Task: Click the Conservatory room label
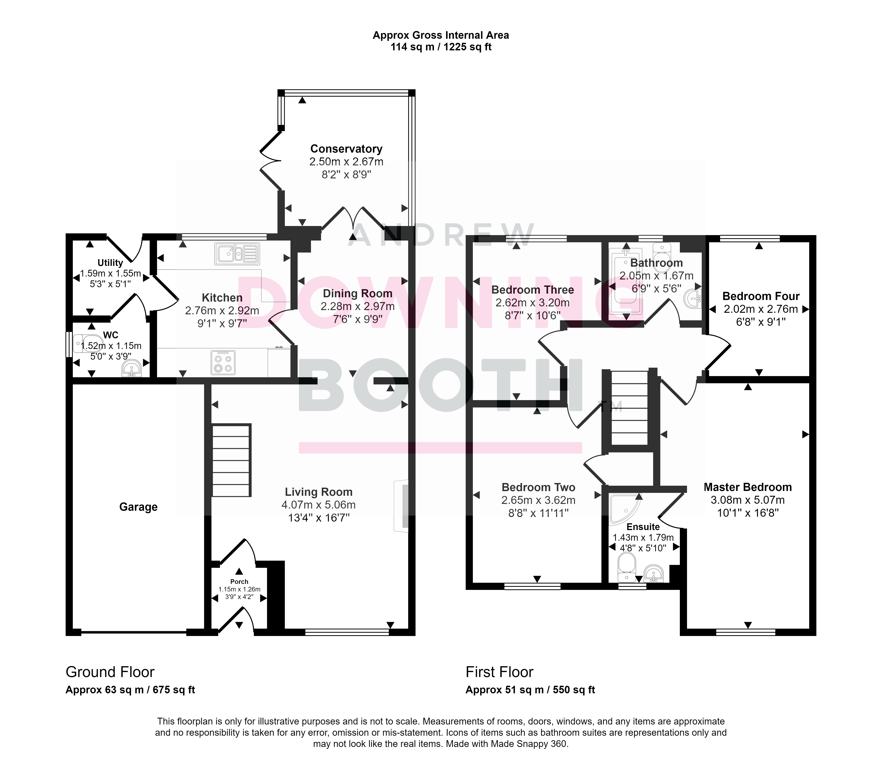[346, 149]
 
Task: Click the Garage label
[138, 507]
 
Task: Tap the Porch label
[239, 582]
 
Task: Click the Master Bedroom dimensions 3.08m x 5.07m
[748, 500]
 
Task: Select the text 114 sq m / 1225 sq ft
[441, 47]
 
